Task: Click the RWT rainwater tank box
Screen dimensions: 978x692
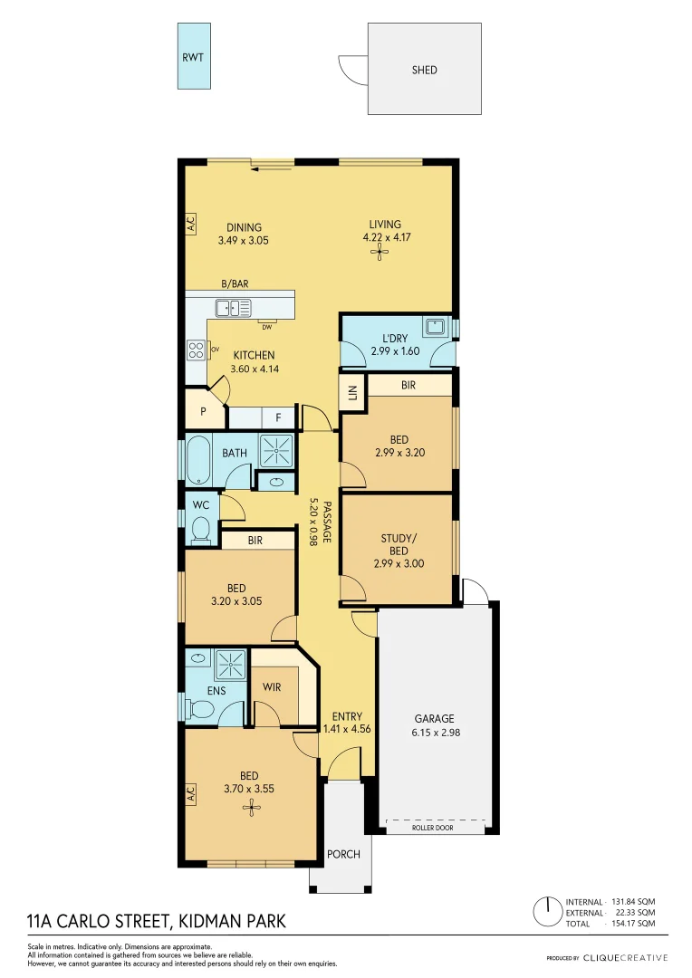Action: click(193, 56)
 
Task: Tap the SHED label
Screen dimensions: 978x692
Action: click(425, 69)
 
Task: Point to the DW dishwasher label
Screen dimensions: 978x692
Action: click(267, 327)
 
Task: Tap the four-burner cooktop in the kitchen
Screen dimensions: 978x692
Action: click(197, 349)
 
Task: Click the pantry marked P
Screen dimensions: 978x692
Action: click(203, 410)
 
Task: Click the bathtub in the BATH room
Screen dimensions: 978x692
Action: click(198, 459)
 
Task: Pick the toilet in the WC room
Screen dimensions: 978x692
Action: click(201, 531)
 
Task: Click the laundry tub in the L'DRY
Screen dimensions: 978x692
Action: click(435, 327)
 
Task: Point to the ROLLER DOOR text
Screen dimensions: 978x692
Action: click(432, 828)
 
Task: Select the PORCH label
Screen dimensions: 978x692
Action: click(343, 854)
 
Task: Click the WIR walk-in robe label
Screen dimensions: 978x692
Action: click(273, 687)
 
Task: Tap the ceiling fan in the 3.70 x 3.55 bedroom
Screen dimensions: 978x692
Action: click(250, 805)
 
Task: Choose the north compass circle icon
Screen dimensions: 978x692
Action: click(547, 909)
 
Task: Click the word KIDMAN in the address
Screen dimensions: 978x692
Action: click(211, 922)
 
